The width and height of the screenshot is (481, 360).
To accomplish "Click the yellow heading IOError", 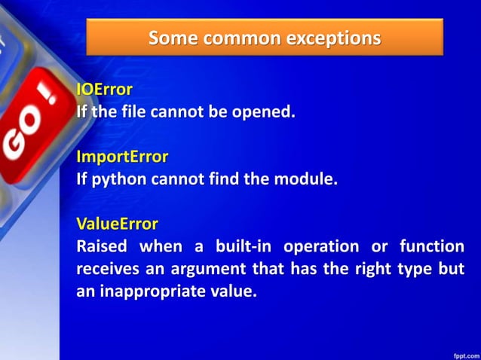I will pos(105,90).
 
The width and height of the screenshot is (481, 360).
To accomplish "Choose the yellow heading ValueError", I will pos(117,223).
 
